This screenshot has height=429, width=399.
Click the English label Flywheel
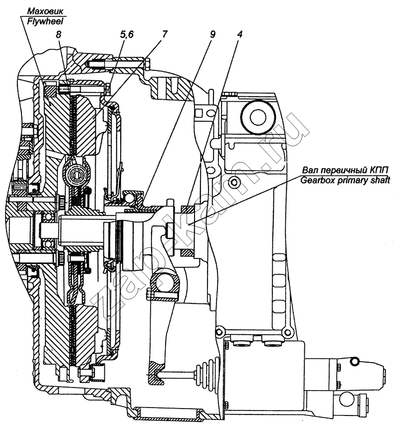[x=45, y=21]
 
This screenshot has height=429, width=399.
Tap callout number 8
[x=58, y=34]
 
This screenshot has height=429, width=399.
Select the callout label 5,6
[x=127, y=35]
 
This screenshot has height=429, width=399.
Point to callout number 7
[x=164, y=34]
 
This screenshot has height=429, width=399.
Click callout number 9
[x=212, y=34]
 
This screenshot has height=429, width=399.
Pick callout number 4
[x=239, y=34]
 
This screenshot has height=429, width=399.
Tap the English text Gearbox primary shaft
[x=345, y=181]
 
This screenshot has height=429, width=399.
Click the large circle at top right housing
[x=258, y=117]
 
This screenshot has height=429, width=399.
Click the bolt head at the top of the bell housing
[x=147, y=63]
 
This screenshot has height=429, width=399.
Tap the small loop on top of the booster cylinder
[x=355, y=361]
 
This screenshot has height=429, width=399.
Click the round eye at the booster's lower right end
[x=345, y=401]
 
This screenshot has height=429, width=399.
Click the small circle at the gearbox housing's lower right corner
[x=287, y=332]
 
